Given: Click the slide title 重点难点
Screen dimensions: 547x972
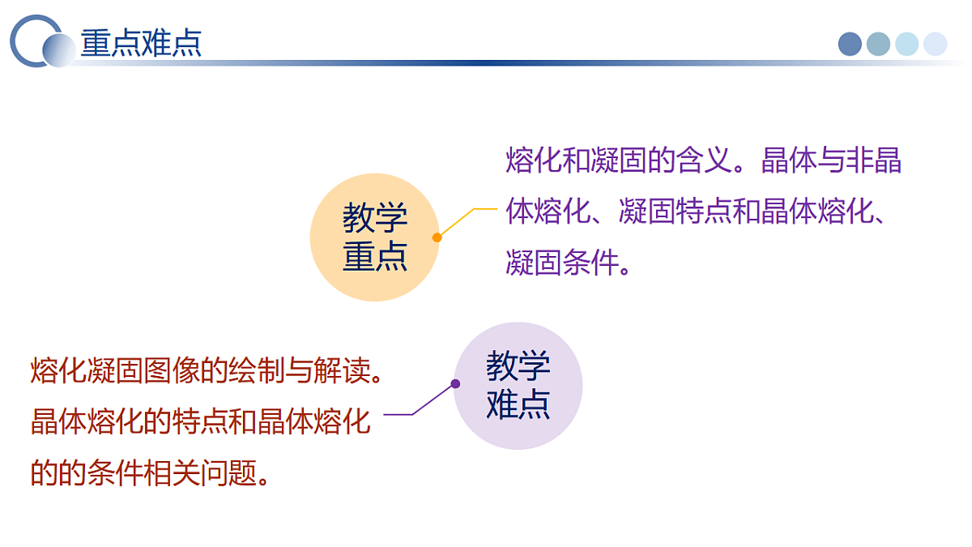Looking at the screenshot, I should [141, 43].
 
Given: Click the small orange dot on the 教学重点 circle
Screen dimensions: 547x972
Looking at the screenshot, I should [437, 237].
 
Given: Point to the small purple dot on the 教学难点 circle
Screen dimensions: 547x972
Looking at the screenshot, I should [455, 383].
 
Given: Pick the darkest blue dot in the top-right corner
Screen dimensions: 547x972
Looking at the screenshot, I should [850, 44].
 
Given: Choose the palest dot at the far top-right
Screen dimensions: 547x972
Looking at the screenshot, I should [935, 44].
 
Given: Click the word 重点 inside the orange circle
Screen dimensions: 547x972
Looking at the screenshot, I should [375, 258].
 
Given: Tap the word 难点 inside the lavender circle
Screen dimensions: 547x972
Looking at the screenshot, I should [518, 404].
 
